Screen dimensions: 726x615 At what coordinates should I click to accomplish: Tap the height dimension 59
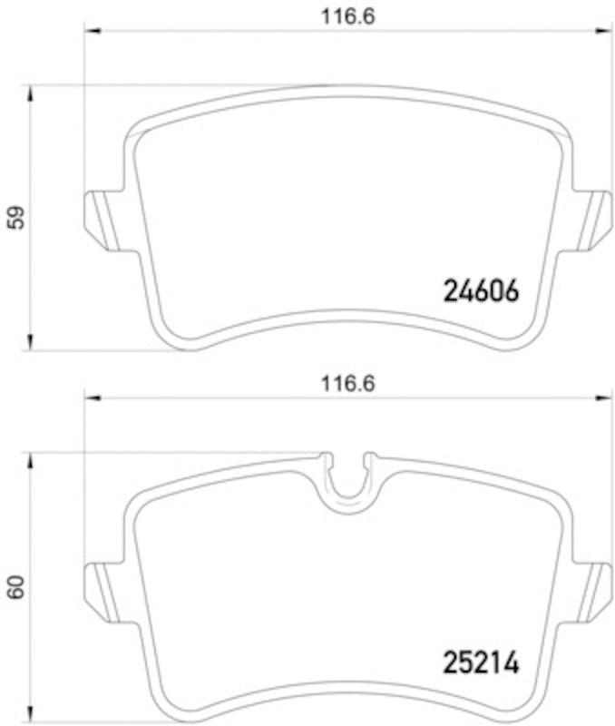coord(15,218)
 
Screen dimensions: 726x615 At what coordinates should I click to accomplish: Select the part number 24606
coord(480,291)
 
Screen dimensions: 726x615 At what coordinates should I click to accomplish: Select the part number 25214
coord(480,663)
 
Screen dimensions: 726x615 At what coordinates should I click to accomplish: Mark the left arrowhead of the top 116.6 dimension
coord(89,32)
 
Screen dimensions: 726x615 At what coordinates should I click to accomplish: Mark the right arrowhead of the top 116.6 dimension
coord(607,32)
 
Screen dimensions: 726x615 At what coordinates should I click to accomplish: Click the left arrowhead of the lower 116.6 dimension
coord(89,398)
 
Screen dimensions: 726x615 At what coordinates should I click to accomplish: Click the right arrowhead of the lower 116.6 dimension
coord(607,398)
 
